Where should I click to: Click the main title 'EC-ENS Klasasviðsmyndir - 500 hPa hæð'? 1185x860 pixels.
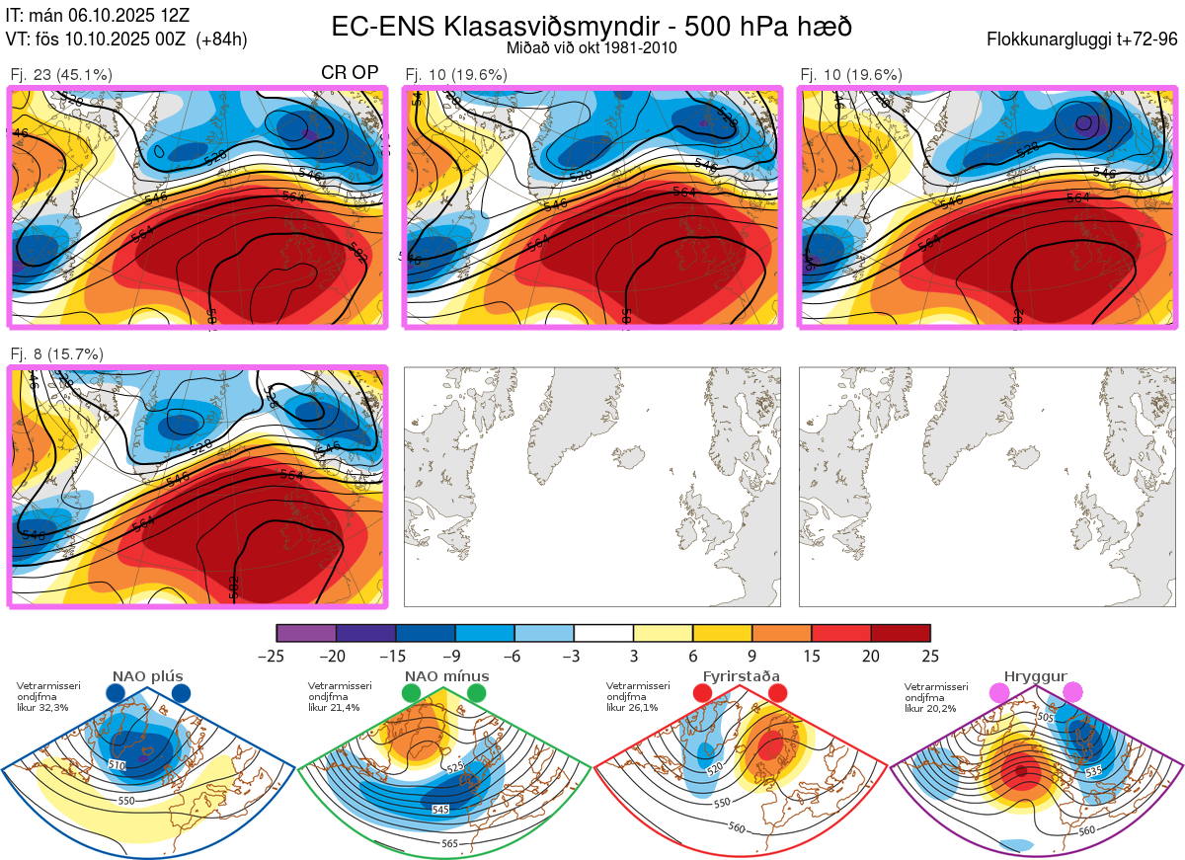pyautogui.click(x=592, y=26)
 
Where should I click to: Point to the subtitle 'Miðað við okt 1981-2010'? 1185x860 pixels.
pyautogui.click(x=592, y=47)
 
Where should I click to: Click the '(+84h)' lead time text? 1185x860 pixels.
pyautogui.click(x=222, y=39)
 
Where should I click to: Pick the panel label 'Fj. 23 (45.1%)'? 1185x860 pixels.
pyautogui.click(x=61, y=74)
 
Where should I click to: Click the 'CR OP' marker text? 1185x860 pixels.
pyautogui.click(x=350, y=73)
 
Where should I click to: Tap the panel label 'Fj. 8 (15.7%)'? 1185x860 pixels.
pyautogui.click(x=56, y=353)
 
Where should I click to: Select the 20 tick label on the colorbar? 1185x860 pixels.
pyautogui.click(x=871, y=656)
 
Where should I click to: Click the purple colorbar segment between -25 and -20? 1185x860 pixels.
pyautogui.click(x=306, y=633)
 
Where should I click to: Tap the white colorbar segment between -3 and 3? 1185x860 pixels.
pyautogui.click(x=603, y=633)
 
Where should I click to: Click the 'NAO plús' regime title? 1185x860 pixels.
pyautogui.click(x=147, y=676)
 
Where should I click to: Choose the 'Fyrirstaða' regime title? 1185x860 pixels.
pyautogui.click(x=739, y=676)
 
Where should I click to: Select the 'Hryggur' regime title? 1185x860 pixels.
pyautogui.click(x=1035, y=676)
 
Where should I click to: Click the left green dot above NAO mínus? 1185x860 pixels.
pyautogui.click(x=411, y=693)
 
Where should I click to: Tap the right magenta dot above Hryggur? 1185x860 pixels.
pyautogui.click(x=1072, y=693)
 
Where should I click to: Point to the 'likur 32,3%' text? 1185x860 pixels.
pyautogui.click(x=42, y=708)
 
